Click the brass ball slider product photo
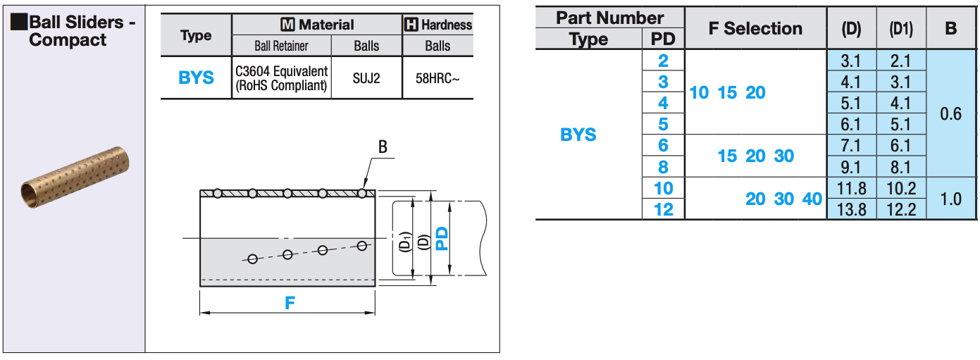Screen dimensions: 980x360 click(x=75, y=178)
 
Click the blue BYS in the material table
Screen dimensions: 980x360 click(x=196, y=78)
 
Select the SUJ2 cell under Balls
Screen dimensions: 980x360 click(x=366, y=78)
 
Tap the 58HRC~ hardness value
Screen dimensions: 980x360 click(x=437, y=78)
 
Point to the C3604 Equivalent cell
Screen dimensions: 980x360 click(x=281, y=78)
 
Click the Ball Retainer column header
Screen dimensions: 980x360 click(x=281, y=46)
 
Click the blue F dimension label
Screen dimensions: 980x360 click(x=290, y=303)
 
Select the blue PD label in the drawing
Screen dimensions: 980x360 click(x=442, y=238)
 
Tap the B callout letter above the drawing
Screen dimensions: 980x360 click(x=383, y=147)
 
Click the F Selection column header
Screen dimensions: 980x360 click(x=755, y=28)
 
